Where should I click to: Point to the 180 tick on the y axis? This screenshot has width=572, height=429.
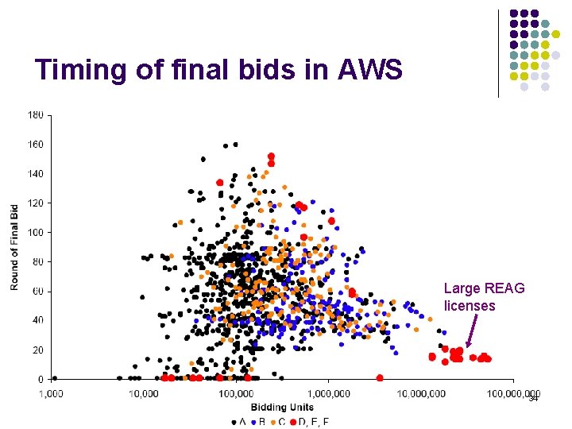tap(36, 115)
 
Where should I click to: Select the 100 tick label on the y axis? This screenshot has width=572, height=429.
tap(36, 232)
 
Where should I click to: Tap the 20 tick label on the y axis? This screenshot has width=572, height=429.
tap(38, 350)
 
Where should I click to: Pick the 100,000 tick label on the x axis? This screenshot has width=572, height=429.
tap(236, 394)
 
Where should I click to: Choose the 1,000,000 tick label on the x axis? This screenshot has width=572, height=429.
tap(328, 394)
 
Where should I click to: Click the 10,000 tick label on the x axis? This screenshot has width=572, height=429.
tap(144, 394)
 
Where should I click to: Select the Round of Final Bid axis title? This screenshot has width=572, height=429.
tap(14, 247)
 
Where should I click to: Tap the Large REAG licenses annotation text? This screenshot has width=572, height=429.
tap(484, 297)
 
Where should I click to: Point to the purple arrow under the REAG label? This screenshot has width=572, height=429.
tap(472, 330)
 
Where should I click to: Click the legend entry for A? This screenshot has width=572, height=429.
tap(238, 421)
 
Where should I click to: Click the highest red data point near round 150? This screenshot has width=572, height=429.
tap(271, 157)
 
